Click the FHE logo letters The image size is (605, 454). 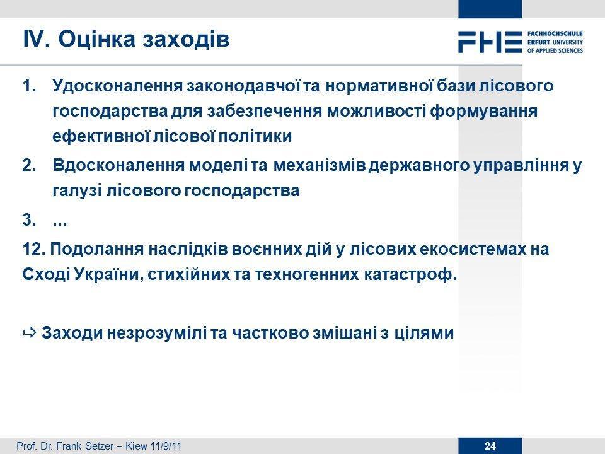point(490,42)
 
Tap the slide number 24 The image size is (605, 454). point(490,446)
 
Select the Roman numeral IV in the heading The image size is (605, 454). point(36,39)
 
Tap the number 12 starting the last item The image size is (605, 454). point(35,250)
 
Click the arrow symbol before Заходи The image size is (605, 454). point(30,332)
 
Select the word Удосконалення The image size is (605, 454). point(118,86)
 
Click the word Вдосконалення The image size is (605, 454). point(119,166)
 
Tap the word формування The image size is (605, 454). point(484,111)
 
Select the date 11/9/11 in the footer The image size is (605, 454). point(166,446)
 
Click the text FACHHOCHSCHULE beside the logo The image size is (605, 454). point(555,33)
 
